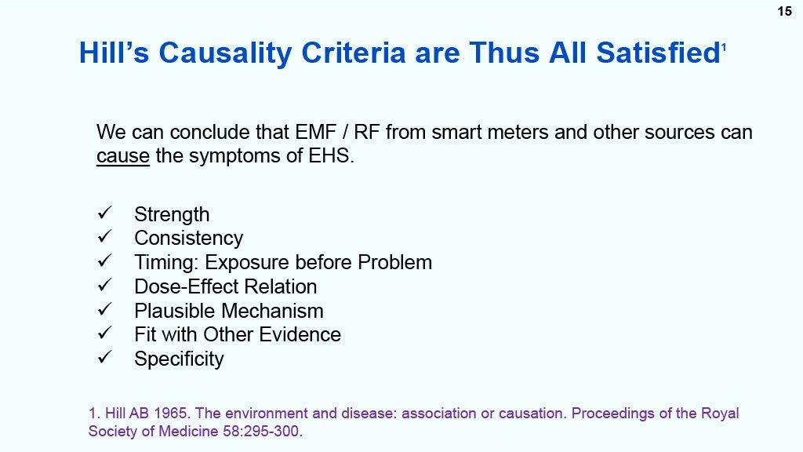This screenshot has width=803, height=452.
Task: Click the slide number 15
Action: click(x=784, y=11)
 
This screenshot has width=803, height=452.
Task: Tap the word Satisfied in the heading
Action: click(x=659, y=53)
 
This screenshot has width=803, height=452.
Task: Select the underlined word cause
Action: click(x=123, y=156)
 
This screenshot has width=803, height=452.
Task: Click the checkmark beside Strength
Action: click(x=104, y=213)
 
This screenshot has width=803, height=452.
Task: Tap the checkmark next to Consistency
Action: click(x=104, y=236)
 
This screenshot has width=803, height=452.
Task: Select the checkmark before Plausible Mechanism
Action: click(x=104, y=309)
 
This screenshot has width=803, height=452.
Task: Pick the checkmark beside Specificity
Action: click(x=104, y=357)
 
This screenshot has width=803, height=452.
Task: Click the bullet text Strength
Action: click(x=172, y=215)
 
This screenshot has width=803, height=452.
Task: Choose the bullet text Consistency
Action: click(x=188, y=239)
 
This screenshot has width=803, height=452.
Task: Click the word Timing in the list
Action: click(x=166, y=263)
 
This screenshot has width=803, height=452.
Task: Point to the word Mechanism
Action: click(x=272, y=311)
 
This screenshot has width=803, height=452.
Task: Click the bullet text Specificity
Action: click(x=180, y=359)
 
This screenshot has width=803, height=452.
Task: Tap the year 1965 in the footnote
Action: click(x=170, y=414)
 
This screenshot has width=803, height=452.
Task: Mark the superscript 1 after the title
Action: click(x=724, y=47)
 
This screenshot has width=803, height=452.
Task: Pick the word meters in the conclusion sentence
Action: click(x=519, y=132)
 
